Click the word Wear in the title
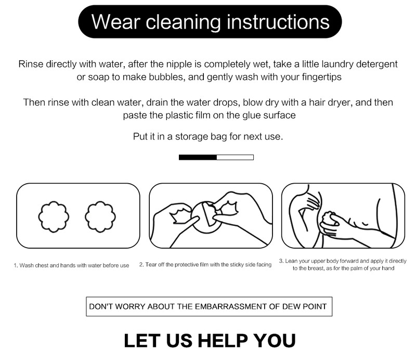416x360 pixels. pos(115,22)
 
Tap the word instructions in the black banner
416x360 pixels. pos(278,22)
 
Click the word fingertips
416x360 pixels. pos(321,77)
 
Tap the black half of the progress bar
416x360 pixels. pos(198,158)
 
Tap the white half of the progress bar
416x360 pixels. pos(235,158)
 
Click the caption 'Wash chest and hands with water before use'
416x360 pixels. pos(71,265)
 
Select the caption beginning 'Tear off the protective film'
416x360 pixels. pos(205,265)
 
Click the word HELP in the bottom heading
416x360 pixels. pos(223,341)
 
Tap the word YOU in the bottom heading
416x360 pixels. pos(275,341)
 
